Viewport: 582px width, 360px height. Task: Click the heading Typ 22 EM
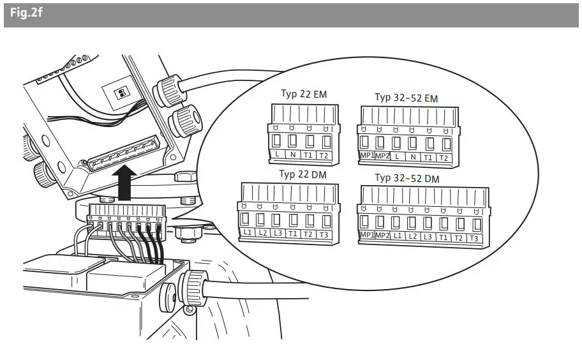pos(303,94)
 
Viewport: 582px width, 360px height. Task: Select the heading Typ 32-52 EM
pos(406,98)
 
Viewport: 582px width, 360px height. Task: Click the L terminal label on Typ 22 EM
pos(277,155)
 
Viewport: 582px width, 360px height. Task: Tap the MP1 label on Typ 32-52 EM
pos(366,156)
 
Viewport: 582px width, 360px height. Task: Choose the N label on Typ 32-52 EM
pos(412,157)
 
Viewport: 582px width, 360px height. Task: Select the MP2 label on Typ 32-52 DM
pos(382,236)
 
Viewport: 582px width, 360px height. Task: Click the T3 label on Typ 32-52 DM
pos(474,238)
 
